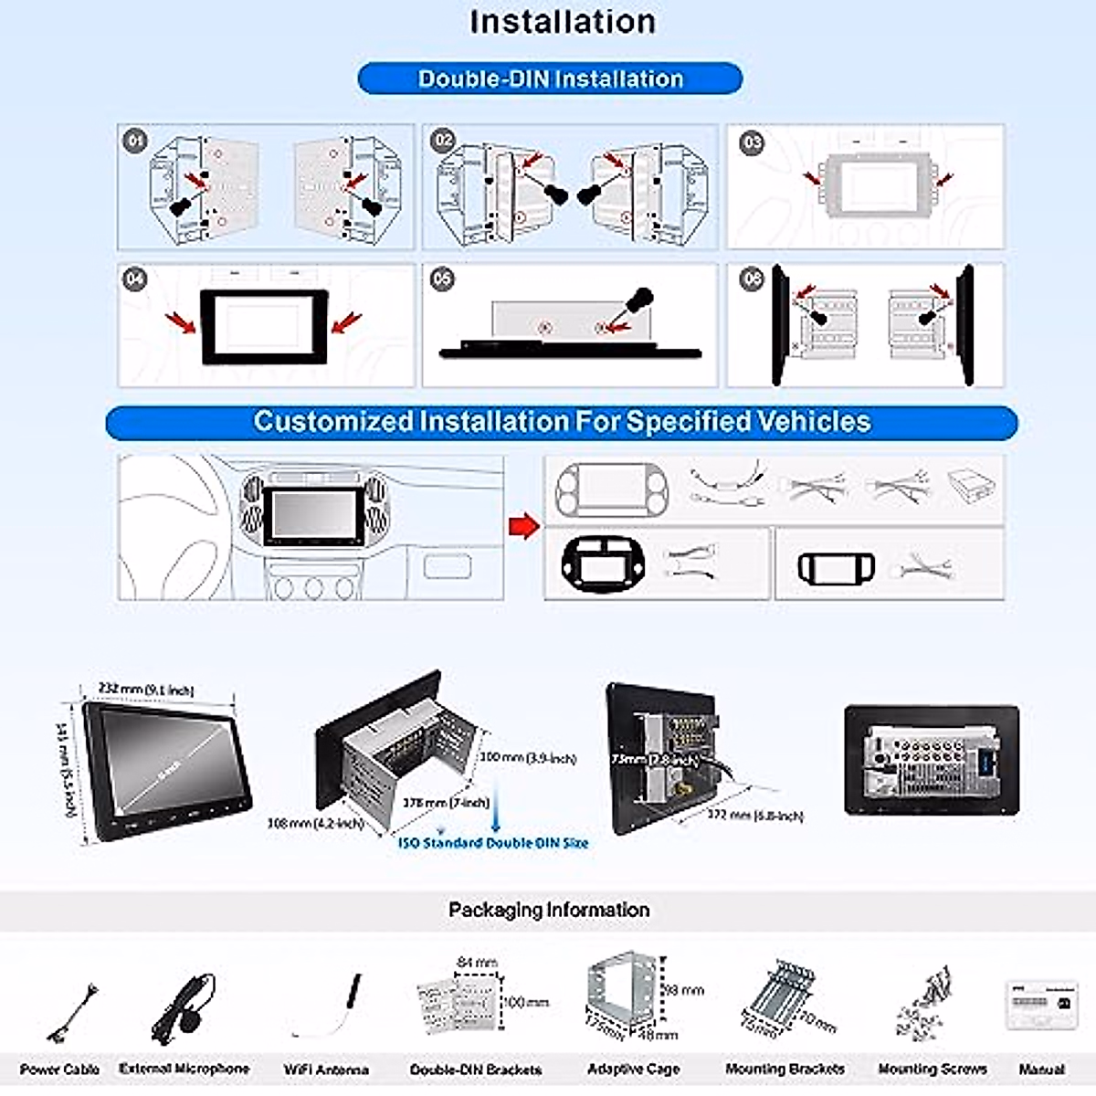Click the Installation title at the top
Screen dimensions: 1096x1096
click(562, 22)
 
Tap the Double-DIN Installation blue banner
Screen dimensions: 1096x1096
click(550, 79)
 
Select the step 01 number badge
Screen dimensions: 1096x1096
click(135, 141)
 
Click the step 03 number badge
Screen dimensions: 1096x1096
click(752, 142)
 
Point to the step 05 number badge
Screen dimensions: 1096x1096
click(442, 279)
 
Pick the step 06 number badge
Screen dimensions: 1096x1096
click(752, 279)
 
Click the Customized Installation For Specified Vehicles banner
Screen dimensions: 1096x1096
click(562, 422)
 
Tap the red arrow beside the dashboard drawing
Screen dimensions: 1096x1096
click(522, 526)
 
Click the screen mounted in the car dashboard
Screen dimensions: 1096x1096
click(311, 517)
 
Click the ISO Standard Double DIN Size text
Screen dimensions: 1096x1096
click(493, 843)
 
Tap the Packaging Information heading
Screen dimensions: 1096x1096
click(549, 910)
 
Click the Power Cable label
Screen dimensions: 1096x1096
click(59, 1070)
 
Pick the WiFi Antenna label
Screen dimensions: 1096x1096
click(326, 1070)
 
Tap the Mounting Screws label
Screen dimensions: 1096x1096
click(932, 1069)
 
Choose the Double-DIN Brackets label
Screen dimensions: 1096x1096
click(475, 1070)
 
